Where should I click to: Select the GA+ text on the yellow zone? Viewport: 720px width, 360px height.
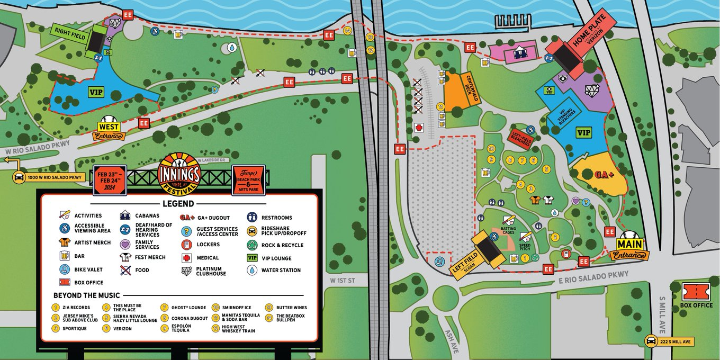(x=604, y=174)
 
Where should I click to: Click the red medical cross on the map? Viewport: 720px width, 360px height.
(x=419, y=128)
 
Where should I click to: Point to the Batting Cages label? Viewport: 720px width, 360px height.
(x=508, y=231)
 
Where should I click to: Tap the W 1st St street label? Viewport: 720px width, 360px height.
(x=341, y=280)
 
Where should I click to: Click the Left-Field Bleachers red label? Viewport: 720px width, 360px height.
(x=520, y=138)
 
